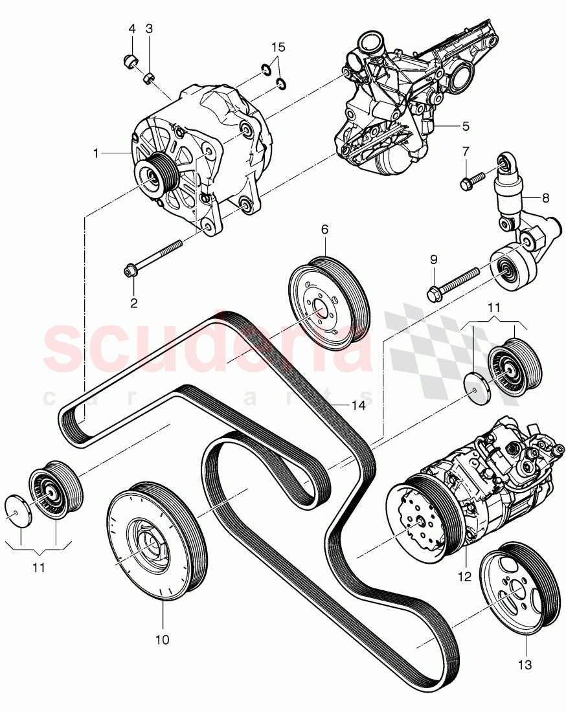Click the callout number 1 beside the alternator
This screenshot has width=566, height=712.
(96, 153)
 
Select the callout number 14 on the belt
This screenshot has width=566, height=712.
(358, 405)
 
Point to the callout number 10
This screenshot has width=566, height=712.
(162, 640)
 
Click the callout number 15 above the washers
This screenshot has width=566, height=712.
(278, 47)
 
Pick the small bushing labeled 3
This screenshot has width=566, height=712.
(149, 79)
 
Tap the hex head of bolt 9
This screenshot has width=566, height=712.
(434, 295)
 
